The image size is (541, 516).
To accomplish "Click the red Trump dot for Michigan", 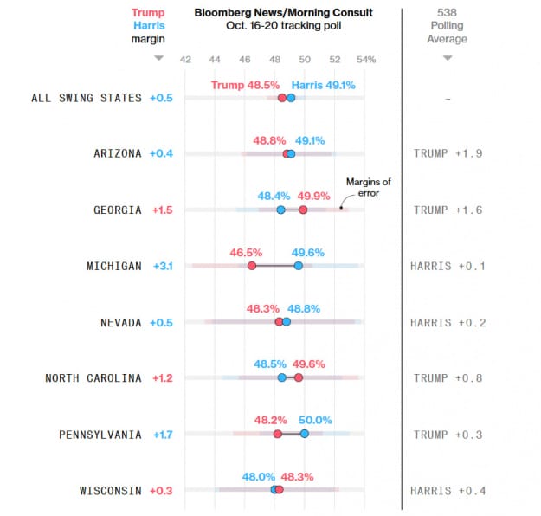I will click(x=252, y=266).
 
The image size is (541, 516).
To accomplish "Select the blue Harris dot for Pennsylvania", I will click(x=304, y=434).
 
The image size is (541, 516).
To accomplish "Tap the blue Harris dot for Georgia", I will click(x=280, y=210).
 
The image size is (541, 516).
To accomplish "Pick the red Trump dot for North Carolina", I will click(x=299, y=377).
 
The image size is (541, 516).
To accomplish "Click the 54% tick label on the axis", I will click(x=366, y=60).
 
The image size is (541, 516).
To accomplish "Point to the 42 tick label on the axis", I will click(x=185, y=60).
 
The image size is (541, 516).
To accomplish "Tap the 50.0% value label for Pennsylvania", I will click(x=315, y=420).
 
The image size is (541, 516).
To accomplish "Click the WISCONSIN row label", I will click(x=110, y=491).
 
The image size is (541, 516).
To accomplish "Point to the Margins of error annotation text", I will click(x=369, y=187).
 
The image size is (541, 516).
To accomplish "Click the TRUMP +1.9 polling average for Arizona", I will click(x=448, y=153).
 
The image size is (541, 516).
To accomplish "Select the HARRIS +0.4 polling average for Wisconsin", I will click(x=448, y=491).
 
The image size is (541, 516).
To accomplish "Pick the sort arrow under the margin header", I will click(x=158, y=59).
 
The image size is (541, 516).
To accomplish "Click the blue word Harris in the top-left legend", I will click(x=149, y=26).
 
